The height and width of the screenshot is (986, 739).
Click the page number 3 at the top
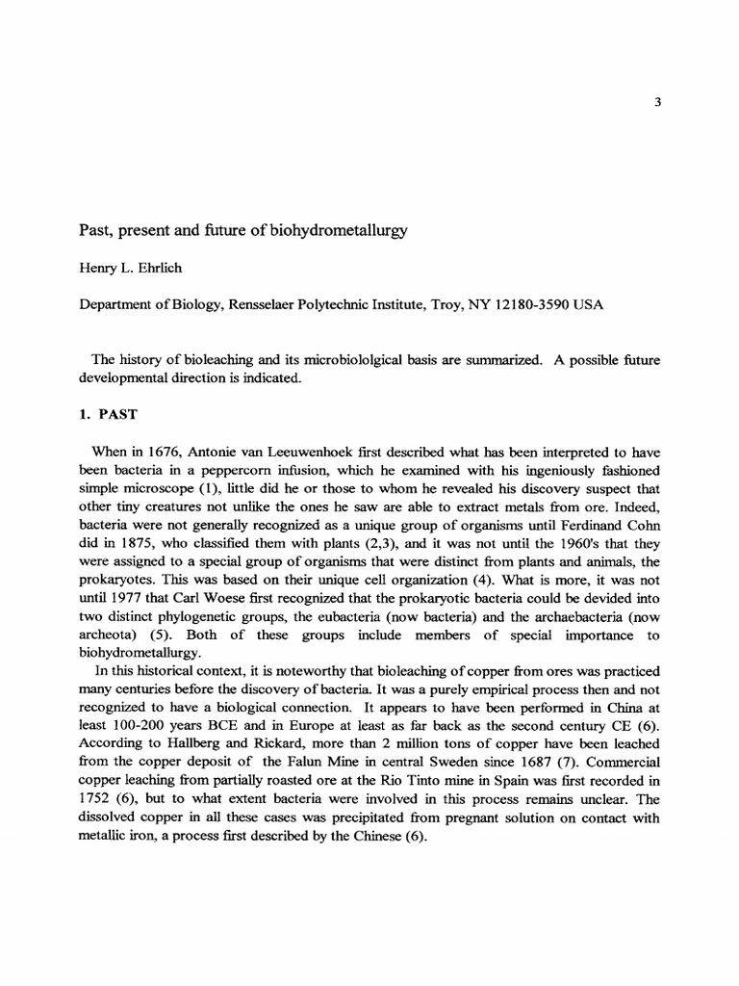click(x=657, y=105)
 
